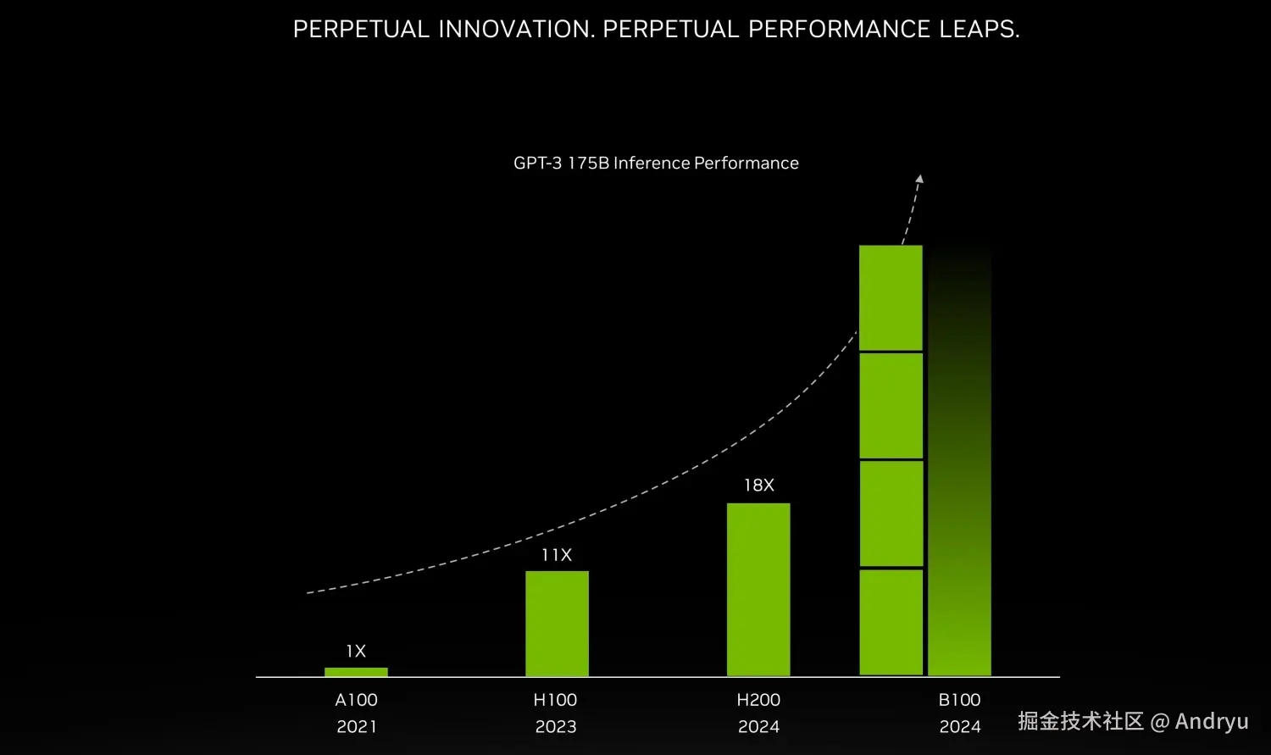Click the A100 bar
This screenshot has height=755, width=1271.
[356, 672]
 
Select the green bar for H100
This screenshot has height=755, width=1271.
[557, 624]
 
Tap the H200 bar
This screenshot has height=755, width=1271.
[758, 590]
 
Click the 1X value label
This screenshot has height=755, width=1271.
[356, 651]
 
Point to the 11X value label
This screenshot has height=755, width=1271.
[557, 555]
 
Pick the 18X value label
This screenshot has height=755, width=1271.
[758, 485]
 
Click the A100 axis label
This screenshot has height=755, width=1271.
[356, 700]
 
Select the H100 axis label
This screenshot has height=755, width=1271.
[555, 700]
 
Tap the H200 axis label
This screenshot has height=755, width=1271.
[758, 700]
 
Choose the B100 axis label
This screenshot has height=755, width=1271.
[959, 700]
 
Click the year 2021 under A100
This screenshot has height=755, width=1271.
[356, 726]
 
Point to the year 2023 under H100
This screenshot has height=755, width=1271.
[556, 726]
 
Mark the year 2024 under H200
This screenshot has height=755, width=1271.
[758, 726]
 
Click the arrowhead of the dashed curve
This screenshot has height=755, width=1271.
[919, 179]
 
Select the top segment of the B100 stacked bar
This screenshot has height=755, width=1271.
[891, 297]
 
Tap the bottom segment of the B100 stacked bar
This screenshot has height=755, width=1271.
[891, 622]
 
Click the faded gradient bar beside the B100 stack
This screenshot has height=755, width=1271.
[959, 508]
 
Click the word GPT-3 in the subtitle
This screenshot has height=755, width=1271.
[537, 163]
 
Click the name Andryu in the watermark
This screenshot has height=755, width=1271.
[1212, 721]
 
